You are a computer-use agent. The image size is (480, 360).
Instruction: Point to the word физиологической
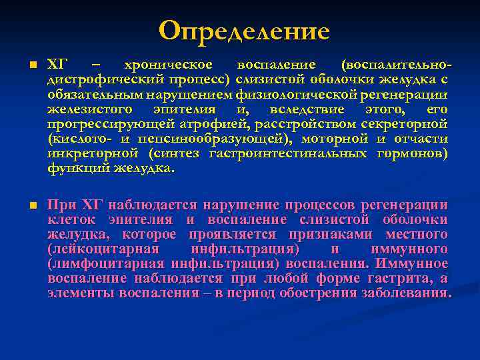pyautogui.click(x=303, y=95)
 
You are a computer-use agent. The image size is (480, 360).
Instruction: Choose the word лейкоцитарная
pyautogui.click(x=103, y=249)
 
